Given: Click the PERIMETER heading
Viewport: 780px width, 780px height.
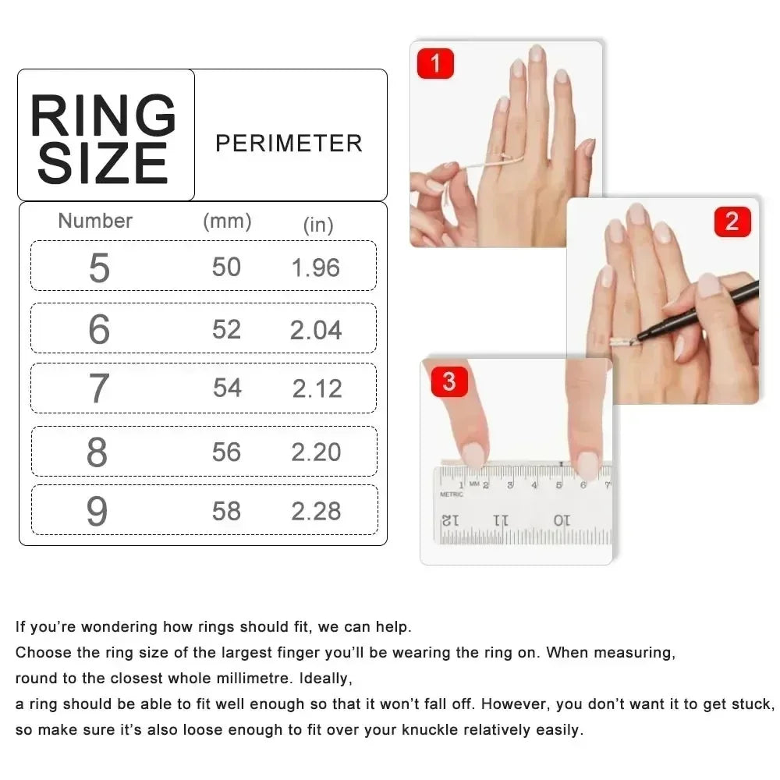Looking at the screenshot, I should point(289,144).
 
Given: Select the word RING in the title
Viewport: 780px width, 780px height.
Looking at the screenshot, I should point(103,117).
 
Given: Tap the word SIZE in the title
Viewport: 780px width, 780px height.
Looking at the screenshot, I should point(103,164).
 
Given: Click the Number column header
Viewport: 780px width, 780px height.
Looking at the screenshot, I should point(95,221).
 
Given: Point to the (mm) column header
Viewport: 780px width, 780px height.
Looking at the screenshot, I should point(227,221).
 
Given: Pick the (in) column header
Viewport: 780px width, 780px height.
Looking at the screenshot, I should point(317,225).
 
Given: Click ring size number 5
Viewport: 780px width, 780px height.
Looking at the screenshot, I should point(99,268).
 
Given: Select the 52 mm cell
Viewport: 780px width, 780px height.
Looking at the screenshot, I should point(226,329).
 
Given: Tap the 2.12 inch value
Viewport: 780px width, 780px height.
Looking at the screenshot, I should point(317,388).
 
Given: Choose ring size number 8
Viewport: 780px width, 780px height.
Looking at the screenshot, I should point(97,452).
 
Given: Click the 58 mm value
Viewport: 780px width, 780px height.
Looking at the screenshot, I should point(226,511).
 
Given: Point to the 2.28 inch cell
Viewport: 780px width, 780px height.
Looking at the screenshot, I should point(316,511).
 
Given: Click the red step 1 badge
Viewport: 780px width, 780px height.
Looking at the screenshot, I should point(435,63).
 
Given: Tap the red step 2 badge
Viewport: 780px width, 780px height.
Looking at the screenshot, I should point(732,222).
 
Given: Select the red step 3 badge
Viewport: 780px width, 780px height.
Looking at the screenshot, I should point(448,382).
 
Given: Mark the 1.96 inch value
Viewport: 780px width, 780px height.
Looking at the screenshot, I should point(316,268).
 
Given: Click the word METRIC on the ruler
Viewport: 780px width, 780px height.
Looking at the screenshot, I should point(451,494).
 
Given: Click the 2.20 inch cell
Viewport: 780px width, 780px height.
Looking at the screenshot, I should point(316,452).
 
